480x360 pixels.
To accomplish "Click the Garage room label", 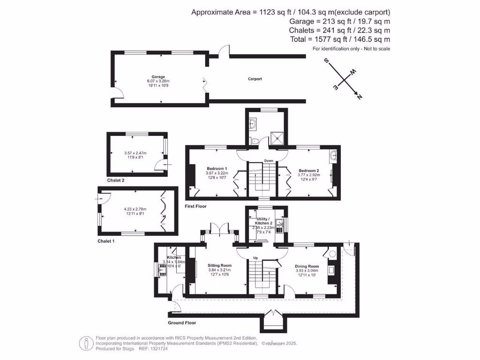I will coord(158,76).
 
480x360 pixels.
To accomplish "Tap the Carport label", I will coord(255,79).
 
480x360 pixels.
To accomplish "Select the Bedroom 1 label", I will coord(217,169).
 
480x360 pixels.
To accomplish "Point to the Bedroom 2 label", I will coord(308,171).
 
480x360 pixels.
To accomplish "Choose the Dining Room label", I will coord(307,266).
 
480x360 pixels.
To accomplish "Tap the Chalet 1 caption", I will coord(106,241).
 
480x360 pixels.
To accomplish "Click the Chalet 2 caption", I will coord(116,180).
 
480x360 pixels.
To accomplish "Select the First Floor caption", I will coord(195,206).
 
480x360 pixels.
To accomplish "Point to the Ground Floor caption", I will coord(182,323).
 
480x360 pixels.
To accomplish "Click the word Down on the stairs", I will coord(269,161).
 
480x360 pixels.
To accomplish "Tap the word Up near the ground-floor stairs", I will coord(255,258).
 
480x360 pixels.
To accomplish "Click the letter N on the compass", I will coord(360,97).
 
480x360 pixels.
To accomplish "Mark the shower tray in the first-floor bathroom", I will coord(278,137).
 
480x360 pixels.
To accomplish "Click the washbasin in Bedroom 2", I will coord(333,156).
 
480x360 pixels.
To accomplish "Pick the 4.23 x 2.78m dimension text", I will coord(135,209).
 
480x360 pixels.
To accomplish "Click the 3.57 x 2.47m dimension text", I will coord(135,153).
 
